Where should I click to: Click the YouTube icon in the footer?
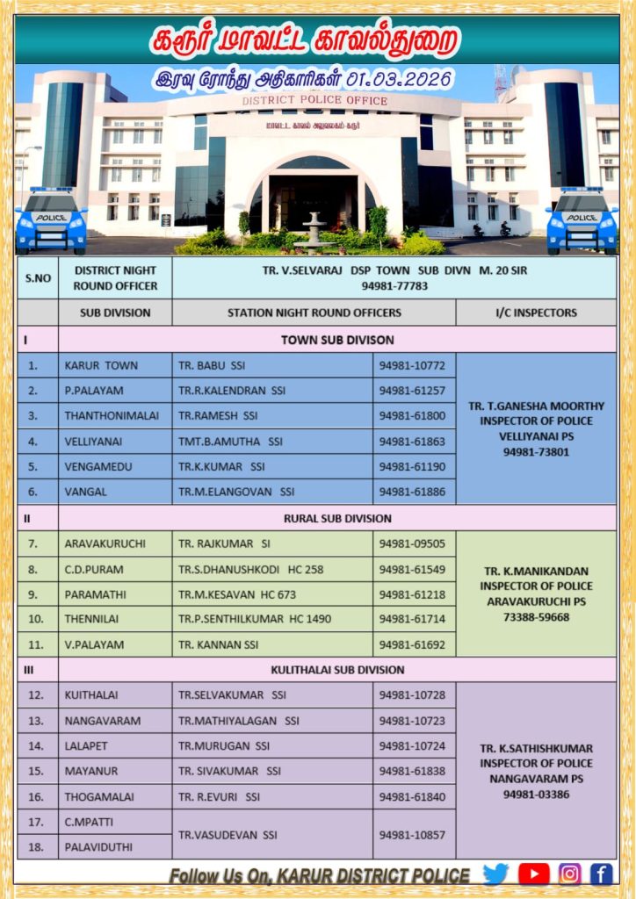click(x=533, y=874)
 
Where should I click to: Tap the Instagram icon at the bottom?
click(x=569, y=874)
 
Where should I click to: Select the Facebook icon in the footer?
click(x=602, y=874)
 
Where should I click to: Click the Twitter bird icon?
click(x=496, y=874)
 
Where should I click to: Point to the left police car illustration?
click(x=51, y=220)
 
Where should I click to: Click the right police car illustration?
click(x=582, y=220)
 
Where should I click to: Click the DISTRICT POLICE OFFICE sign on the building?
click(x=314, y=101)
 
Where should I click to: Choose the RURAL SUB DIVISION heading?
click(x=336, y=518)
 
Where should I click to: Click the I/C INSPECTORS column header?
click(x=535, y=313)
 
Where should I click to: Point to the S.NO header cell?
click(x=38, y=277)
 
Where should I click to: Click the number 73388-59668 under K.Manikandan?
click(x=535, y=617)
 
